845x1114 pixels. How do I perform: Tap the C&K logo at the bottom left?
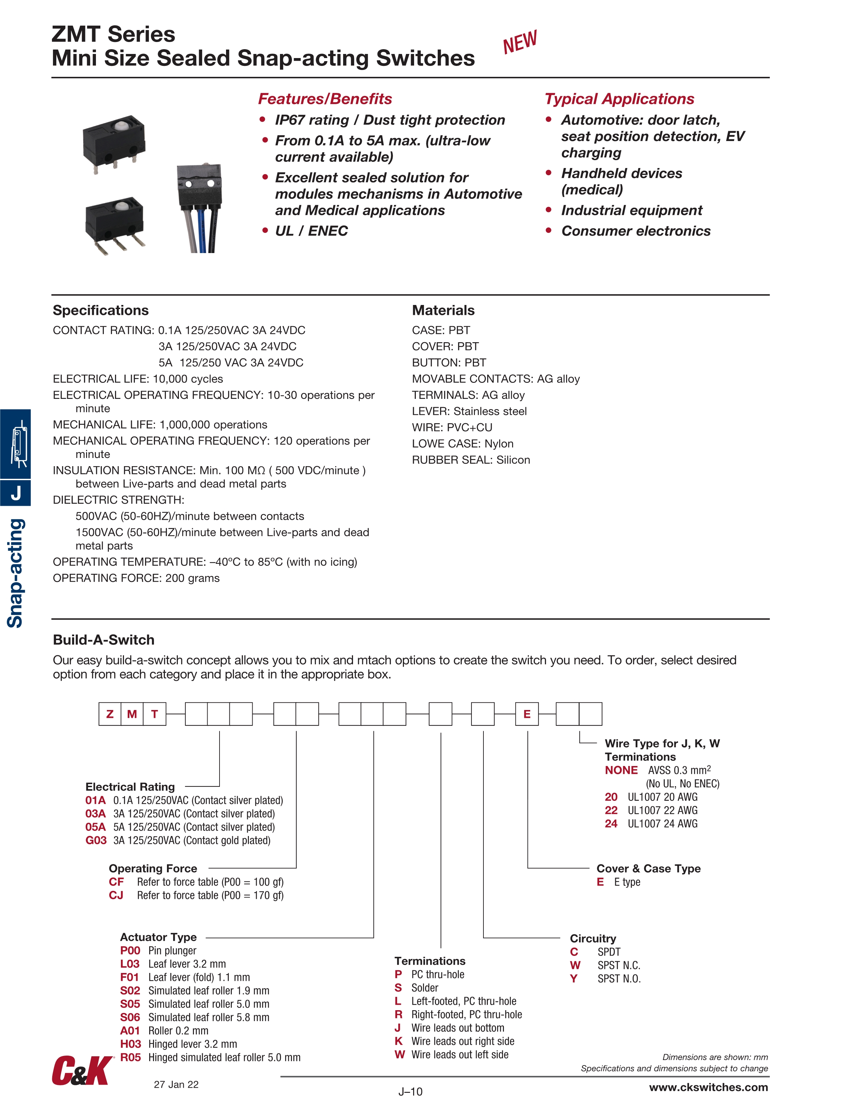[x=82, y=1070]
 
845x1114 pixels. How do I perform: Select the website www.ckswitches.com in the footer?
[x=708, y=1087]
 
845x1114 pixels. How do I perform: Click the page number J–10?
[x=410, y=1091]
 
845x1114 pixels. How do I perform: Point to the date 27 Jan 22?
[x=176, y=1084]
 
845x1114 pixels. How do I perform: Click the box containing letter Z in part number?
[x=110, y=714]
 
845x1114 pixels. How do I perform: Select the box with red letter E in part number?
[x=527, y=714]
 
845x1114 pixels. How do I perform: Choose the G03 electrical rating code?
[x=96, y=840]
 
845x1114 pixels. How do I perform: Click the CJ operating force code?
[x=116, y=895]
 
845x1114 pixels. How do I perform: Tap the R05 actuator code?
[x=130, y=1057]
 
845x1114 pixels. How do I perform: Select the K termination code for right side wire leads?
[x=398, y=1041]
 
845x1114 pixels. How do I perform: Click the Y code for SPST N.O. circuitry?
[x=574, y=978]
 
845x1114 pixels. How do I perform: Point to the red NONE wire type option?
[x=621, y=770]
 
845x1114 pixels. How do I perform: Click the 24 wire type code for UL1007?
[x=611, y=823]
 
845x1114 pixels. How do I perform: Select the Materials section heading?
[x=443, y=310]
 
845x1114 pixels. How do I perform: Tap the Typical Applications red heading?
[x=619, y=99]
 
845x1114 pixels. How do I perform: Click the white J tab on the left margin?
[x=16, y=492]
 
